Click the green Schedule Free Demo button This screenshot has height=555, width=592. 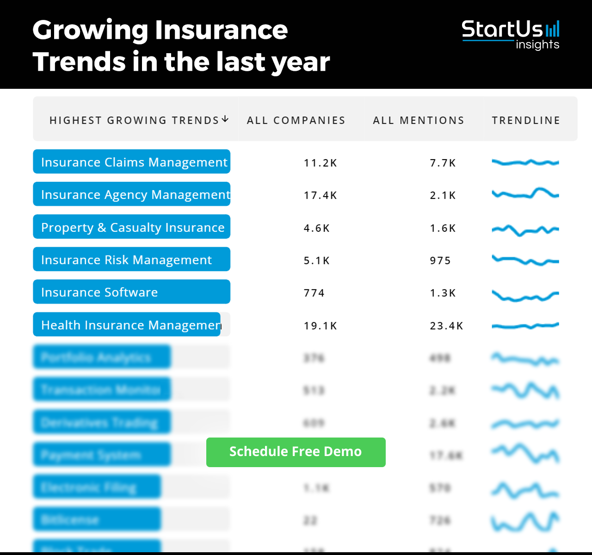tap(296, 452)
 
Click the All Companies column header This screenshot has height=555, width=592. tap(296, 120)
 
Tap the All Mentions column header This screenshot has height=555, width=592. tap(419, 120)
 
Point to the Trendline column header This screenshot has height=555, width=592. tap(526, 120)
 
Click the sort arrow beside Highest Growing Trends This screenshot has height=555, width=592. tap(225, 119)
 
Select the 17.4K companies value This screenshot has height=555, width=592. tap(320, 195)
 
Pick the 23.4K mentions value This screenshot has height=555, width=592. tap(446, 326)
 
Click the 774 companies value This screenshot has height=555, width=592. tap(314, 293)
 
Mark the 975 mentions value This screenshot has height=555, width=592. tap(440, 260)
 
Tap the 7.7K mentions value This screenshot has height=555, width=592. tap(443, 163)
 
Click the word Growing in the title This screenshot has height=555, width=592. tap(90, 30)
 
